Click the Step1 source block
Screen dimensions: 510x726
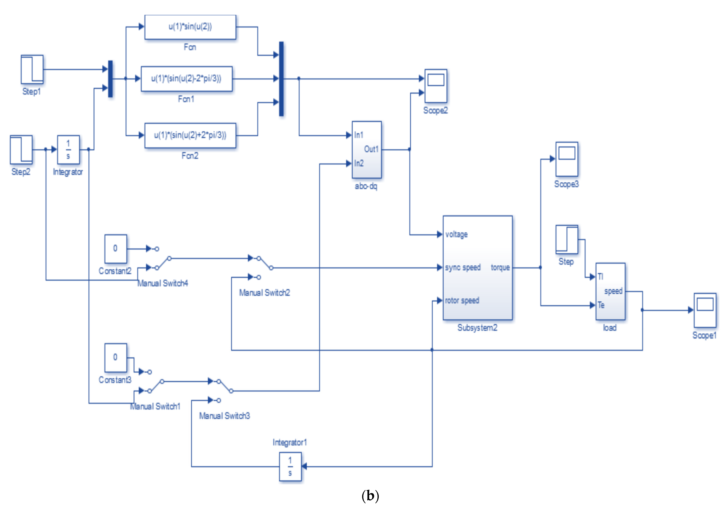[x=32, y=69]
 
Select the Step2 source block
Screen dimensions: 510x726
[x=21, y=149]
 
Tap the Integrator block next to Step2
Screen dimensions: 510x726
[x=68, y=149]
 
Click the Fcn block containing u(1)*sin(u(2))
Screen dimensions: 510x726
[x=190, y=27]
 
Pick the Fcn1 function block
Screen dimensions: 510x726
[x=187, y=79]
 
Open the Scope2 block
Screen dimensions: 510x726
[x=436, y=86]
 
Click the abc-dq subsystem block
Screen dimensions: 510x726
[x=367, y=149]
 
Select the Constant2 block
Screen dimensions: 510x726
[x=116, y=249]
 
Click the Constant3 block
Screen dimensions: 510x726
[x=116, y=358]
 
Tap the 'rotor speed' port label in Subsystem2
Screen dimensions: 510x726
[x=462, y=301]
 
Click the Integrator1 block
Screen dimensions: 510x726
[x=290, y=467]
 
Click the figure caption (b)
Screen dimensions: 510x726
[x=370, y=496]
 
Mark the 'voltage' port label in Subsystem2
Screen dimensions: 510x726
[x=456, y=234]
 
